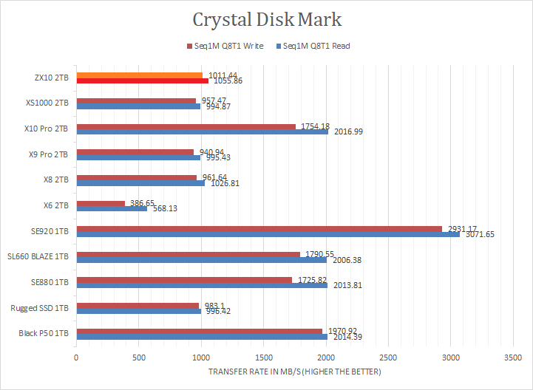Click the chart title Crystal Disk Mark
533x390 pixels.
pyautogui.click(x=267, y=18)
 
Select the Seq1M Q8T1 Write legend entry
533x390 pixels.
pyautogui.click(x=227, y=46)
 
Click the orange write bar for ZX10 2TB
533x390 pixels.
pyautogui.click(x=139, y=75)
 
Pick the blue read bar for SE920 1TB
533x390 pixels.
pyautogui.click(x=268, y=233)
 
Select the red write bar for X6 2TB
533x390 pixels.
pyautogui.click(x=101, y=202)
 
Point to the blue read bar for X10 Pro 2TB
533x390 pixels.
pyautogui.click(x=202, y=131)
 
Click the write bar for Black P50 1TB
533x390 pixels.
pyautogui.click(x=199, y=330)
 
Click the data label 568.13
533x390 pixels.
pyautogui.click(x=165, y=208)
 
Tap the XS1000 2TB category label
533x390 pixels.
pyautogui.click(x=48, y=103)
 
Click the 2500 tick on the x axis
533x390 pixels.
pyautogui.click(x=388, y=357)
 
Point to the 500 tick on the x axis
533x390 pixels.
pyautogui.click(x=138, y=357)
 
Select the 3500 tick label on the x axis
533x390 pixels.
pyautogui.click(x=513, y=357)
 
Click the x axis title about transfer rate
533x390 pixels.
pyautogui.click(x=294, y=372)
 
